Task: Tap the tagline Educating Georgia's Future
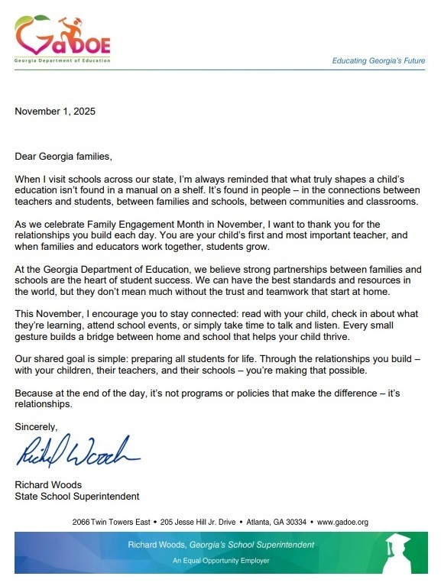(378, 60)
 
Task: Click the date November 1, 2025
(55, 112)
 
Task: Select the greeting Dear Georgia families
(63, 157)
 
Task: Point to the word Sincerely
(36, 426)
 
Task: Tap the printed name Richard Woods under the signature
(48, 484)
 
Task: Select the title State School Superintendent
(77, 496)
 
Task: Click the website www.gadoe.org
(342, 522)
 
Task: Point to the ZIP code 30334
(297, 522)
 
